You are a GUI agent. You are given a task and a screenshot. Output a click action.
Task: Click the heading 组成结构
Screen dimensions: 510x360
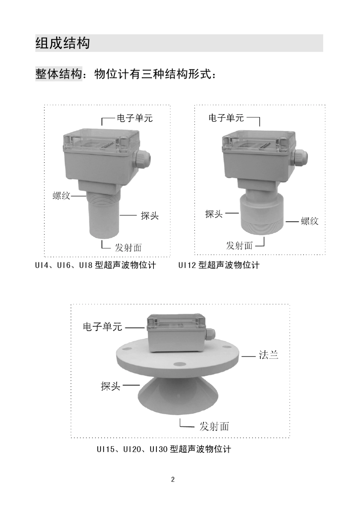pyautogui.click(x=63, y=43)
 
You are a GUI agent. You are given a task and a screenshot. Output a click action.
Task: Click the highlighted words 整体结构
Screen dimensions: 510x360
pyautogui.click(x=59, y=74)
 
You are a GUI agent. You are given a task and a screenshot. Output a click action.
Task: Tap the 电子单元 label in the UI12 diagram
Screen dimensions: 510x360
pyautogui.click(x=226, y=118)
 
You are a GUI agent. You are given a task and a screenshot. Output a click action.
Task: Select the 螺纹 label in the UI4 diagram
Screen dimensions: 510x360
pyautogui.click(x=61, y=196)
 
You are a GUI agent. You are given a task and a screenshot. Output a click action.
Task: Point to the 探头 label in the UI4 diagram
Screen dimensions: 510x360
pyautogui.click(x=149, y=216)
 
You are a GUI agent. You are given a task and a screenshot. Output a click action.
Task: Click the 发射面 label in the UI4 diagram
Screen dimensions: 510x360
pyautogui.click(x=128, y=248)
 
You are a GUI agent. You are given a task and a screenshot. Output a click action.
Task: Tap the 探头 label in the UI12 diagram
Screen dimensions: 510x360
pyautogui.click(x=214, y=214)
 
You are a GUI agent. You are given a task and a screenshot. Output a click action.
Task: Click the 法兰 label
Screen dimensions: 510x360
pyautogui.click(x=268, y=355)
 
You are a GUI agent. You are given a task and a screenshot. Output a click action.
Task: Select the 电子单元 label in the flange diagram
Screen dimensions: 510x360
pyautogui.click(x=102, y=327)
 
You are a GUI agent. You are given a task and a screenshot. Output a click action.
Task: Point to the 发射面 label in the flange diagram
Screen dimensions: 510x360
pyautogui.click(x=214, y=426)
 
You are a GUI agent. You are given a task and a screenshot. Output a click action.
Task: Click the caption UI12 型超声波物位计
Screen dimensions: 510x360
pyautogui.click(x=219, y=265)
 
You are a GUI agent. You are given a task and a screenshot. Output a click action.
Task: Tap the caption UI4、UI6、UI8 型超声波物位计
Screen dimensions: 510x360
pyautogui.click(x=95, y=265)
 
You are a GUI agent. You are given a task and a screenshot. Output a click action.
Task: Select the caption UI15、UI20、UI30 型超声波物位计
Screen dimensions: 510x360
pyautogui.click(x=163, y=449)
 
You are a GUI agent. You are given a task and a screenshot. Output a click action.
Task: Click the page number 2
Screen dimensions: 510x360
pyautogui.click(x=173, y=480)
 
